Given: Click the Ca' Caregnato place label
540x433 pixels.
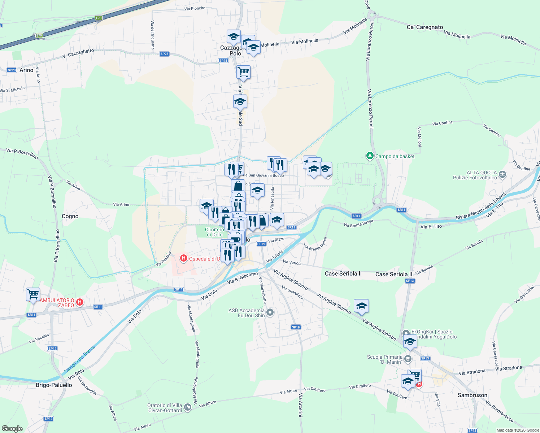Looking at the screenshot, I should coord(424,27).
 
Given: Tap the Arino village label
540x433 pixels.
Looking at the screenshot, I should coord(26,70).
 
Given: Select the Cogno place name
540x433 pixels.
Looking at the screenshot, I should coord(70,216).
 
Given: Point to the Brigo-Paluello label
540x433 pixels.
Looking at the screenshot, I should coord(54,385).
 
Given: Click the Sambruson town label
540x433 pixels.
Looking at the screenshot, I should coord(472,395).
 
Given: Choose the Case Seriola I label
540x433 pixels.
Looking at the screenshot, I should coord(343,274).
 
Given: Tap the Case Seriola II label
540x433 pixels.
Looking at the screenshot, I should coord(393,274).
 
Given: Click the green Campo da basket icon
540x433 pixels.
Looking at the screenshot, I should coord(370,156).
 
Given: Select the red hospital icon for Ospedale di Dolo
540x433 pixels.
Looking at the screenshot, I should coord(183,258).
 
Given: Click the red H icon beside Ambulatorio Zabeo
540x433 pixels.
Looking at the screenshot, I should coord(80,302).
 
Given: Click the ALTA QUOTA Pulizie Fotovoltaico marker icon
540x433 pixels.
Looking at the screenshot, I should coord(502,175).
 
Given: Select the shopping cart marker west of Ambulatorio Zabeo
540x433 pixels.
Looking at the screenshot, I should coord(33,294).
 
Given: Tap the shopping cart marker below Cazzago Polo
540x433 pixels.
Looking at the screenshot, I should coord(243,72).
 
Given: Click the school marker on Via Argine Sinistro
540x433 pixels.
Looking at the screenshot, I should coord(362,306).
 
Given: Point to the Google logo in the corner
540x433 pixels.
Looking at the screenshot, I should coord(12,429).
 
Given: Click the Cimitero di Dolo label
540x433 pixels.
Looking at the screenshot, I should coord(214,232).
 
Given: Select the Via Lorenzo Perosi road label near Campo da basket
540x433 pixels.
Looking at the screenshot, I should coord(370,109).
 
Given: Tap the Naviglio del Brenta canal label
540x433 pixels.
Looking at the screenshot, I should coord(79,359).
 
